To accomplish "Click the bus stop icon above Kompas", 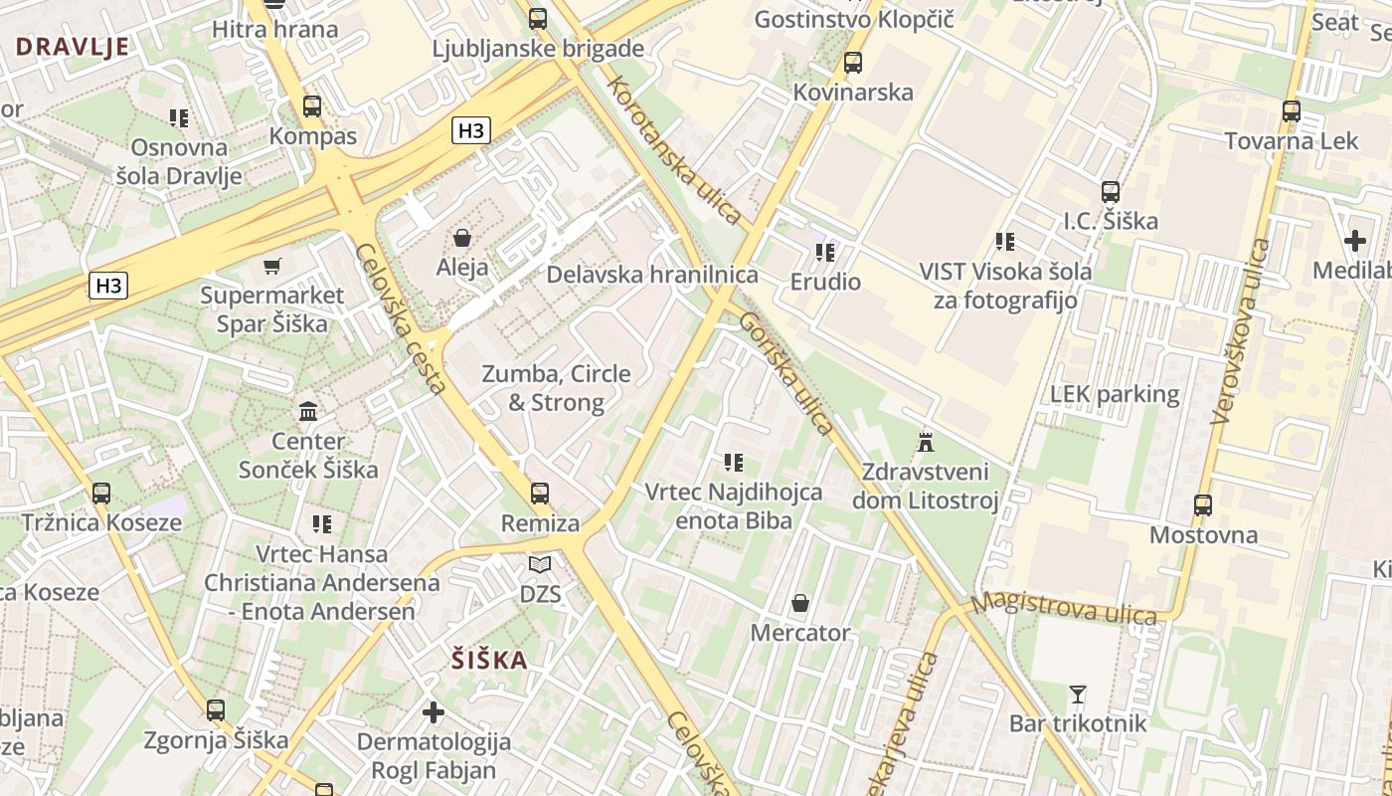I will (312, 106).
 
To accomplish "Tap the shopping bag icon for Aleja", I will (462, 238).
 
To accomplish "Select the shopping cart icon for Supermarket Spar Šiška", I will (271, 266).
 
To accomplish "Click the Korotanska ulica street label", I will (676, 149).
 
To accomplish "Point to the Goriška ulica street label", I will (786, 373).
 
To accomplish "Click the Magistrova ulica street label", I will (1065, 608).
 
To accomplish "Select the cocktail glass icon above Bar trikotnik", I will (1078, 694).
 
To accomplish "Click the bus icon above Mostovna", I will (1203, 505).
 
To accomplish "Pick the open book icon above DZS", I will (540, 565).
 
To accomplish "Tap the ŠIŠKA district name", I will (489, 660).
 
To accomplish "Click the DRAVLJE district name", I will (73, 46).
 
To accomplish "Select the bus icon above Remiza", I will (540, 493).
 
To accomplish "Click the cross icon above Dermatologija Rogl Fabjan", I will (434, 711).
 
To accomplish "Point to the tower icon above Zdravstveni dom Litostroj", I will (926, 441).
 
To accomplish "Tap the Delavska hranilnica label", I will (652, 275).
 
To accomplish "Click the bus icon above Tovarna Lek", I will (1292, 111).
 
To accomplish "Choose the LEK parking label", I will (1115, 394).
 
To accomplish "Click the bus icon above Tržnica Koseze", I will (101, 493).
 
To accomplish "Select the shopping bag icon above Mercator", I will (800, 603).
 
